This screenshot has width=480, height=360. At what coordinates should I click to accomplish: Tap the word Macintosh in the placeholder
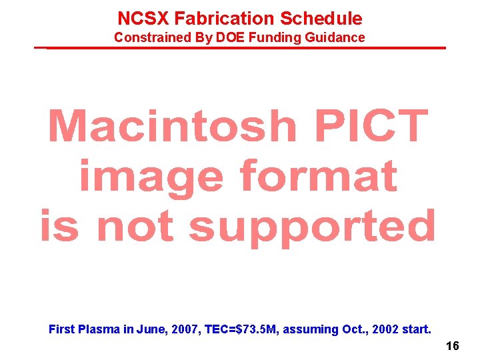[173, 127]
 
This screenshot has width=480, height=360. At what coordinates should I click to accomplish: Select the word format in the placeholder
[318, 177]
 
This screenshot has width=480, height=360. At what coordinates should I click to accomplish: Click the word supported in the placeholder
[312, 227]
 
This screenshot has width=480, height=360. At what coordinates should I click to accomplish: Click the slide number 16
[452, 346]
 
